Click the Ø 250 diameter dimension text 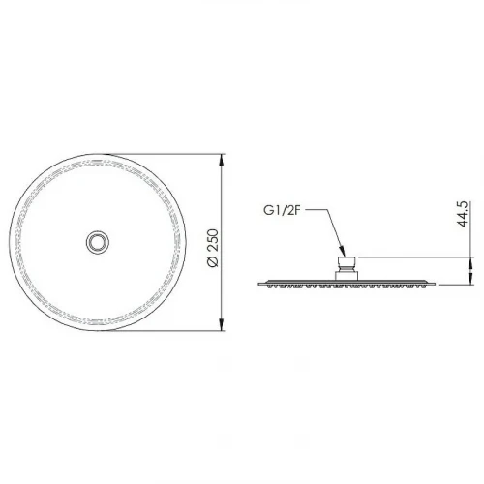tap(213, 248)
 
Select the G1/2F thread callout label tap(283, 210)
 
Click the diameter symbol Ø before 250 tap(213, 261)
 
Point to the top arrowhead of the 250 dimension tap(222, 160)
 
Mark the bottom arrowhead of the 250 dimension tap(222, 324)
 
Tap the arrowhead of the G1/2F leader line tap(343, 252)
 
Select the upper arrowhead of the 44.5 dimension tap(470, 263)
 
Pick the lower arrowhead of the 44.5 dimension tap(470, 279)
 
